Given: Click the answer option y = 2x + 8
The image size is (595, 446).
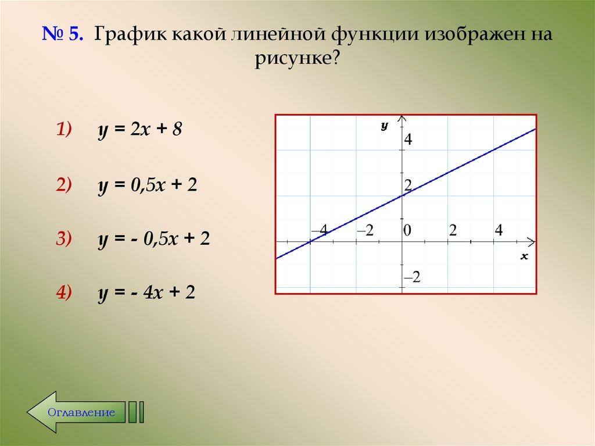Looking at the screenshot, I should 139,130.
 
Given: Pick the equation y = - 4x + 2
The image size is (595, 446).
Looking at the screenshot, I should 145,292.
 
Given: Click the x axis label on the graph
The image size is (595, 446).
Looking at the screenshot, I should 524,256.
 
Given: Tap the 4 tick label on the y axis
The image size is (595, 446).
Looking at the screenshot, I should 409,139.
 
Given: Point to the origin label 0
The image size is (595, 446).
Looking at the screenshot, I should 408,230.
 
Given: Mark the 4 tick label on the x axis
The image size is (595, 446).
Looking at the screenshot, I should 498,230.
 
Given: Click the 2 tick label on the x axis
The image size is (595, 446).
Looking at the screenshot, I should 453,230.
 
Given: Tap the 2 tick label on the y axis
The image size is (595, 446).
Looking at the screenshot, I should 408,185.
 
